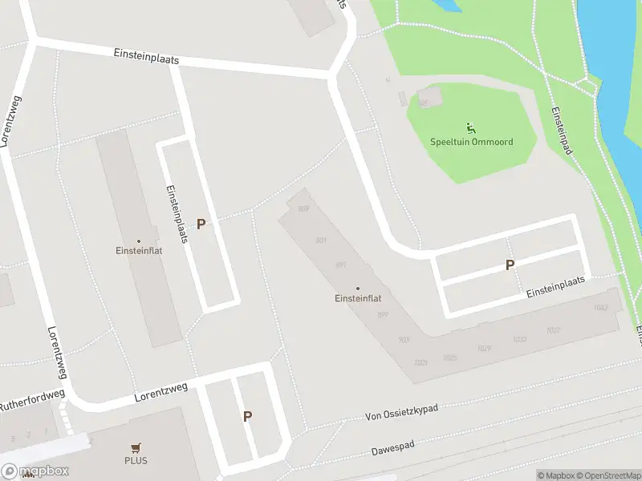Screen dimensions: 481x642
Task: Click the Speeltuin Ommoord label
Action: point(471,142)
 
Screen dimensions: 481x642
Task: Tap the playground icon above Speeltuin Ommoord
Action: point(470,127)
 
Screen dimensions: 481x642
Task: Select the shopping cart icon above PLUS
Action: point(136,448)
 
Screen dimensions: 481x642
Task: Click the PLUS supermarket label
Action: point(136,461)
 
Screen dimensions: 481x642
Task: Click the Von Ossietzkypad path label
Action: point(401,413)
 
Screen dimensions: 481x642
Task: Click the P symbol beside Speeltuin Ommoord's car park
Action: point(510,265)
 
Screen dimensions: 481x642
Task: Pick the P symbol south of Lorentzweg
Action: point(247,416)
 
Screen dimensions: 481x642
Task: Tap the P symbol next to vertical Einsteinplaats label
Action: point(201,224)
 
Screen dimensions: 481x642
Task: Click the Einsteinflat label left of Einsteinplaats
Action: point(138,250)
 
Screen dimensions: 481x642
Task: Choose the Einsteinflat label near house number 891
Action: point(357,298)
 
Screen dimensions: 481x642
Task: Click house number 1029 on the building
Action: point(484,348)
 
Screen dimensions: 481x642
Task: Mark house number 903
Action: point(404,340)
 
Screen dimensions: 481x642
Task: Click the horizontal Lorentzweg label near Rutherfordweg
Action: point(161,390)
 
